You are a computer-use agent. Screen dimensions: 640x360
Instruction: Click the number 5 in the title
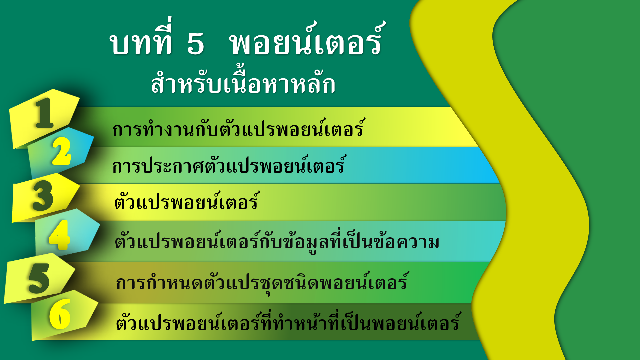click(x=196, y=43)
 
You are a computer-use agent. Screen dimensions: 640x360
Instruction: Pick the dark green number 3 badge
click(x=43, y=195)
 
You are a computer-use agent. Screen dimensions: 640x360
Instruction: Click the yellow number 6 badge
click(x=60, y=314)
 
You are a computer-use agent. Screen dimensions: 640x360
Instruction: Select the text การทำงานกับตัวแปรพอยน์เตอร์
click(x=239, y=128)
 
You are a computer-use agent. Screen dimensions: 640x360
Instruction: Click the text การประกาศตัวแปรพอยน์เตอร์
click(x=229, y=165)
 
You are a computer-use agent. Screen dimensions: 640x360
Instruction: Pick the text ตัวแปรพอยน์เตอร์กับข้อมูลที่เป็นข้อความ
click(x=277, y=241)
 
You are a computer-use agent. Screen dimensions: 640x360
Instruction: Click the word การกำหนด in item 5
click(x=160, y=282)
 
